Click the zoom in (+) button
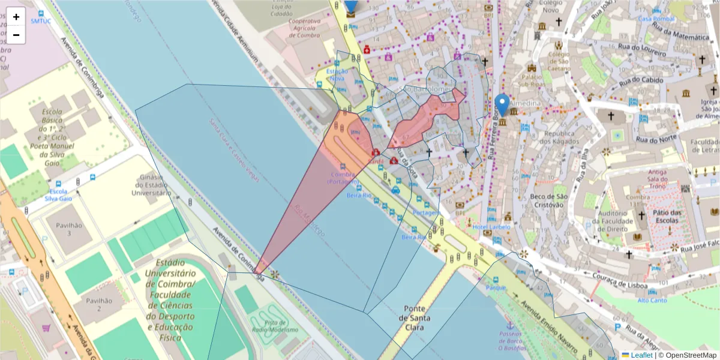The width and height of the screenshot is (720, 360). tap(16, 17)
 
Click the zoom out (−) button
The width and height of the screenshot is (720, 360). tap(16, 35)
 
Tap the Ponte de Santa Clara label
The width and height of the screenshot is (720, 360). tap(415, 318)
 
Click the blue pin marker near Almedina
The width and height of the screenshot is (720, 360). tap(502, 106)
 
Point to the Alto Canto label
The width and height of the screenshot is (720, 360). tap(652, 300)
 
